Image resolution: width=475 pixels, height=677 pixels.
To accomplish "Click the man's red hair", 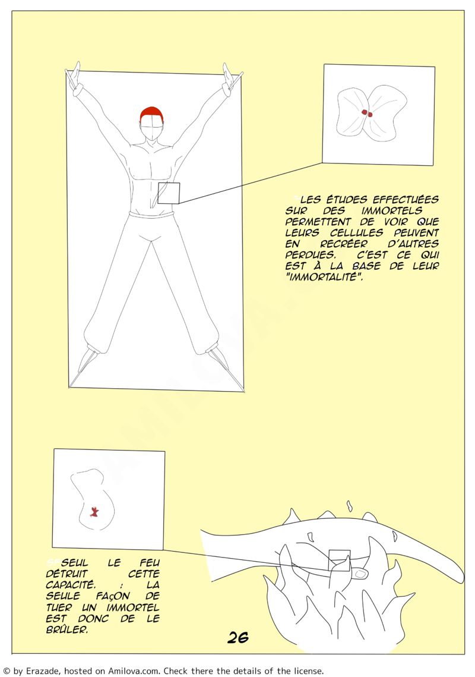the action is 152,114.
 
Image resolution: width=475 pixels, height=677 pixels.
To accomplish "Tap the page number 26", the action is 237,637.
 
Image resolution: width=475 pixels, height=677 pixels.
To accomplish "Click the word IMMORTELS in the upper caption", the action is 392,210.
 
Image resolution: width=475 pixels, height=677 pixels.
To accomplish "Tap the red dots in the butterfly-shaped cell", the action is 367,113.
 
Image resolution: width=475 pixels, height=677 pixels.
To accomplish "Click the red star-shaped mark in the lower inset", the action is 94,512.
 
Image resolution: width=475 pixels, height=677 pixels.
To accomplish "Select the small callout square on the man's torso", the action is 168,193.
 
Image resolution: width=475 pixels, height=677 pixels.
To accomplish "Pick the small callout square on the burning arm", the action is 339,561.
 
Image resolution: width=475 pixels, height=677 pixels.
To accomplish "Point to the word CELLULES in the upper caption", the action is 356,233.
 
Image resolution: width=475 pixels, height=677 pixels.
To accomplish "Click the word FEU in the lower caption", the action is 150,563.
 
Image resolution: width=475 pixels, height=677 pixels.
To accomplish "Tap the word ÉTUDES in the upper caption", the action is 346,200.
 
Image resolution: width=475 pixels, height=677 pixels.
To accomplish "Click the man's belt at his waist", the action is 151,214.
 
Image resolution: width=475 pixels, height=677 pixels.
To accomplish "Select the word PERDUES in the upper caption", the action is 310,255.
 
